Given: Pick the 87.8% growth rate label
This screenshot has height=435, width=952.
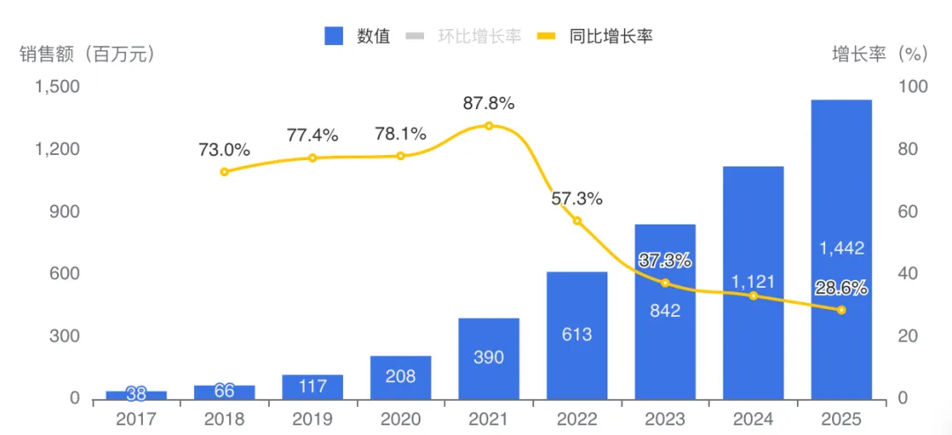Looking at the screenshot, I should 488,103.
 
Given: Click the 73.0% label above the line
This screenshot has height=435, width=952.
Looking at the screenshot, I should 224,150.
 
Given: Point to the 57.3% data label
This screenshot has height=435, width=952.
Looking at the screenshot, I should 576,199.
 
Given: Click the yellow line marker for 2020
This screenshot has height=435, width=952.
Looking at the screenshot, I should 400,156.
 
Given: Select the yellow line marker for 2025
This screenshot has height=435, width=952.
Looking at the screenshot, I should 841,310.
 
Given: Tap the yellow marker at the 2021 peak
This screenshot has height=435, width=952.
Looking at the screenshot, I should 488,126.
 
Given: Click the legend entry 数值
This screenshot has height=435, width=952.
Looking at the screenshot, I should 357,36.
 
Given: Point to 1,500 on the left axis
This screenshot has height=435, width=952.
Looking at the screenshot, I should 56,87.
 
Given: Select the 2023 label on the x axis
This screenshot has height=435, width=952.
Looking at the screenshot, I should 665,419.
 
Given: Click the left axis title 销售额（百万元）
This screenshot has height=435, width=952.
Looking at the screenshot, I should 87,55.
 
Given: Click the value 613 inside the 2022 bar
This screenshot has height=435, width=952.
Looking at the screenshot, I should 576,335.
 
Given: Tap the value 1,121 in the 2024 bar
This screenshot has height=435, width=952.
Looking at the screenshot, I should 753,281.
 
